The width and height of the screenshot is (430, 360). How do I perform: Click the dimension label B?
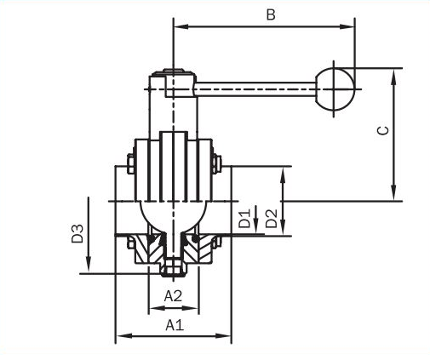[271, 14]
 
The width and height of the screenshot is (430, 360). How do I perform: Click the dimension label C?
[382, 130]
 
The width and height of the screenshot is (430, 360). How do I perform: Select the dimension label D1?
[244, 219]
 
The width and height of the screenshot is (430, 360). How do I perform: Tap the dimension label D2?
[272, 219]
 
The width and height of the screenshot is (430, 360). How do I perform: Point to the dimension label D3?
[77, 233]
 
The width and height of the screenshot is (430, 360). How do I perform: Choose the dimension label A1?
[175, 325]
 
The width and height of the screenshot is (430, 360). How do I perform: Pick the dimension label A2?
[173, 296]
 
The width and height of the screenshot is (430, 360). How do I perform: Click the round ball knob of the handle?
[335, 89]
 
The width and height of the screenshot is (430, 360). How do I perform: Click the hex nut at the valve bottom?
[173, 268]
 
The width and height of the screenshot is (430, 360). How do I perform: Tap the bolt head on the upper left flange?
[130, 163]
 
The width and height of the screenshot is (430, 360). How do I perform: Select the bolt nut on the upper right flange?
[216, 163]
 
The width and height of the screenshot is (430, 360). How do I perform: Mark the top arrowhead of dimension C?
[393, 77]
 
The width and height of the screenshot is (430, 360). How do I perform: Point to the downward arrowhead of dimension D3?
[89, 264]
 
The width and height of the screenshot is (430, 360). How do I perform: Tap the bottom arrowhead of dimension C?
[393, 193]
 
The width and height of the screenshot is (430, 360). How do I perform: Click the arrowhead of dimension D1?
[255, 226]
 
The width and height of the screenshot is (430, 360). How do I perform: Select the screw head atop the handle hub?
[175, 71]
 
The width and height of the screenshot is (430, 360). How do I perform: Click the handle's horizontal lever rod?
[255, 89]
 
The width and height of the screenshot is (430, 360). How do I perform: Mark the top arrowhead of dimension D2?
[283, 175]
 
